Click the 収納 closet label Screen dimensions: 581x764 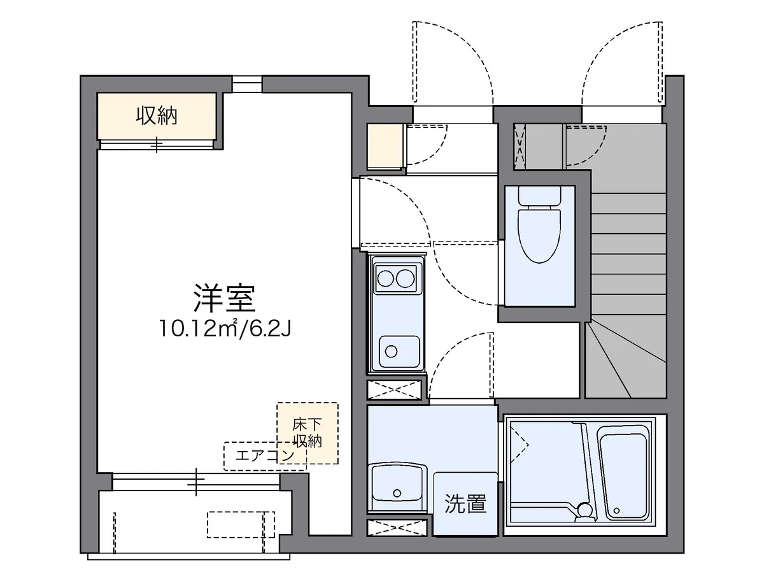[x=157, y=116]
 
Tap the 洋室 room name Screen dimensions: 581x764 [x=224, y=297]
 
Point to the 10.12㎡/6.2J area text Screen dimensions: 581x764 [x=225, y=329]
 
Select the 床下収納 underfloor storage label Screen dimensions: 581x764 [x=307, y=432]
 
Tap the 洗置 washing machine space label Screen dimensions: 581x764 [x=465, y=504]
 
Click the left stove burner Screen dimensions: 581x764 [x=385, y=278]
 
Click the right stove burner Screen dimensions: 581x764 [x=406, y=278]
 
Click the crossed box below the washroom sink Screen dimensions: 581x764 [x=395, y=527]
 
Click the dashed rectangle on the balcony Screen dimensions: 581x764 [x=240, y=524]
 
